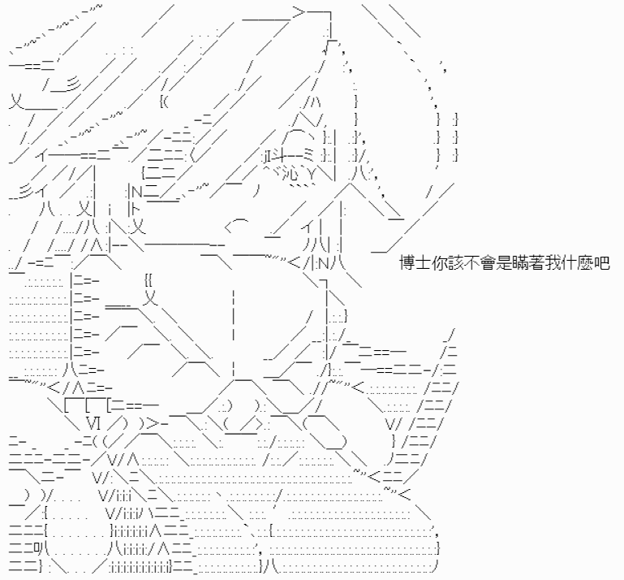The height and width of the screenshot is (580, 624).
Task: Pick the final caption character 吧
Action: pos(602,264)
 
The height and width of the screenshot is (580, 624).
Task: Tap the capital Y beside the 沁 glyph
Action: pos(312,174)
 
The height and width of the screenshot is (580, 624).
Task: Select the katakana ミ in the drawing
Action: pos(308,154)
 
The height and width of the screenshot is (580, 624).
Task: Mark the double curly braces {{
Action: pos(148,281)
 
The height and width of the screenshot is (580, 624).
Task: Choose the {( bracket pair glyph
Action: pos(164,102)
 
